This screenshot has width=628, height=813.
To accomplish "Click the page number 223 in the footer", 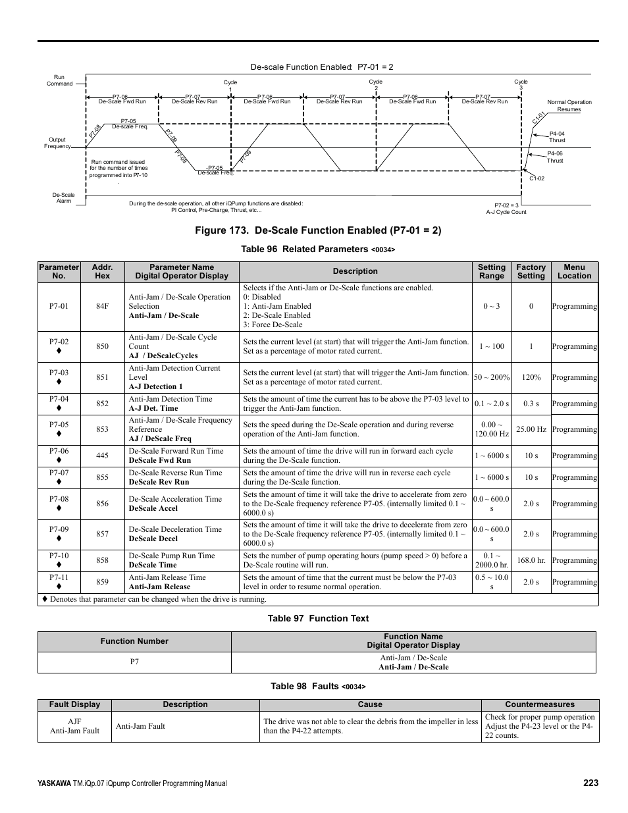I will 590,783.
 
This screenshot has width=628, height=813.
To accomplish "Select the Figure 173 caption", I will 318,230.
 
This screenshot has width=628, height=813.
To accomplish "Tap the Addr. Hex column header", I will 102,272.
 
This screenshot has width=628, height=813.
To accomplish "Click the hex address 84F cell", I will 102,306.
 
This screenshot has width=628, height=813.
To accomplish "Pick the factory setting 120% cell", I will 531,377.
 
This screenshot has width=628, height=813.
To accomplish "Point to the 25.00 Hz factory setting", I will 531,429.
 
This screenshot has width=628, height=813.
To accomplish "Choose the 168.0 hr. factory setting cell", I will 531,560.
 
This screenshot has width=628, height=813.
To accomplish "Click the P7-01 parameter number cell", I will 59,306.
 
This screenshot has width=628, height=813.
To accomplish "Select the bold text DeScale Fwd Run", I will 160,460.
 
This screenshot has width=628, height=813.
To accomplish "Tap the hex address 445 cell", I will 102,456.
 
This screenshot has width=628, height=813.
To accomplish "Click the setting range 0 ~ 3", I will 491,306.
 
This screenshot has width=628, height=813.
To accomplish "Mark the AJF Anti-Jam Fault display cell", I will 74,726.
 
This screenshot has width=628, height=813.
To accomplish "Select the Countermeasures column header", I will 540,704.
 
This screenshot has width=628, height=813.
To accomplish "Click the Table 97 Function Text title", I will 318,618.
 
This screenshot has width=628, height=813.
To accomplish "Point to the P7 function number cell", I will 134,662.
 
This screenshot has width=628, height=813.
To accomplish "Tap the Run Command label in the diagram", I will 59,80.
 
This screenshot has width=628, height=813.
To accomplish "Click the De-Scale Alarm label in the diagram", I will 64,197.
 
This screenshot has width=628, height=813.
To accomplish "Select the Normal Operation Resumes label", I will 569,105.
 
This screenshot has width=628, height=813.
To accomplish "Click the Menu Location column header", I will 574,272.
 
